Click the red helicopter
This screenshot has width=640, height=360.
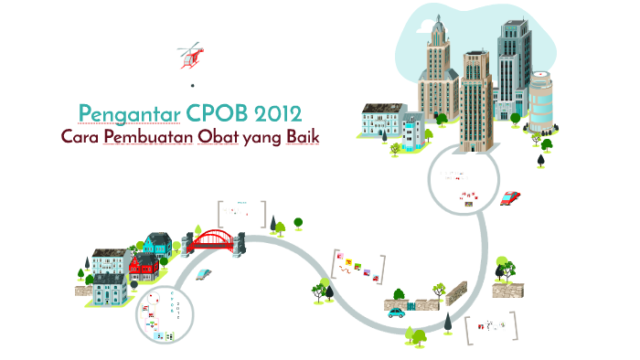191,55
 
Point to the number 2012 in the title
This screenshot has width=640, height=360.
277,113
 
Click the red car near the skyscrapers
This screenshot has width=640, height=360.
510,197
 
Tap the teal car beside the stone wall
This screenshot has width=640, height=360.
396,312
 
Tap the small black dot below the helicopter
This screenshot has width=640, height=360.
193,85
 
